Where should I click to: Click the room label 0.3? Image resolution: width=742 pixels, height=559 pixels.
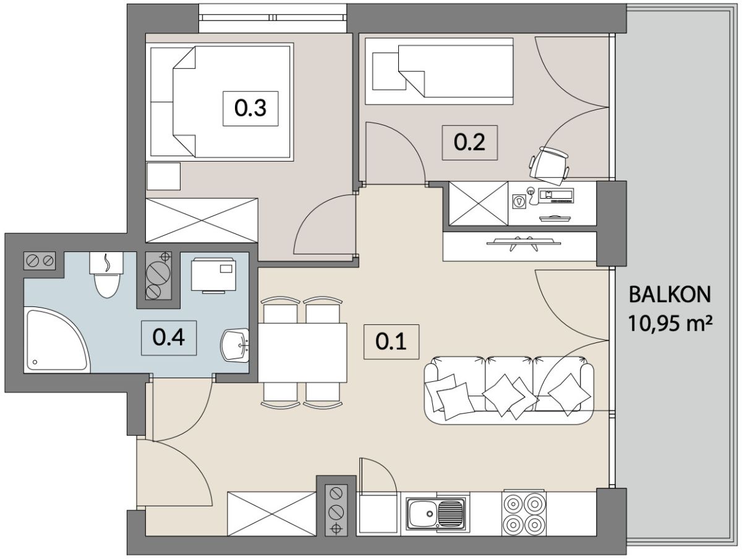250,108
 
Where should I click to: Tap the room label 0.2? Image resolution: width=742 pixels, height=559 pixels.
469,142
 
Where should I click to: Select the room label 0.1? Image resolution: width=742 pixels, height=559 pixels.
391,342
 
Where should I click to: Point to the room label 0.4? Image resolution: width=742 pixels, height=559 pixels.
169,338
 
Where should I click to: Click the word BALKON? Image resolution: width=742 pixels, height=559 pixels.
670,295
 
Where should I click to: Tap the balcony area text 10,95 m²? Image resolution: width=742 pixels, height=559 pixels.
670,324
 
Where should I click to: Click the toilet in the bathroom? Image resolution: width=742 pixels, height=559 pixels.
107,275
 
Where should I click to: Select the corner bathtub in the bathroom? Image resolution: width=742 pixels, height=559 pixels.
57,340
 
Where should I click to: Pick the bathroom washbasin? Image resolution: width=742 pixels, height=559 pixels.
235,345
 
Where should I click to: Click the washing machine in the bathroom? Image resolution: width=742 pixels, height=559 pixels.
213,275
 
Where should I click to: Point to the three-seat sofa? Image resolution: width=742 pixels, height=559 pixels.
509,390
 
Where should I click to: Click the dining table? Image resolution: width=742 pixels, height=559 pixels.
302,353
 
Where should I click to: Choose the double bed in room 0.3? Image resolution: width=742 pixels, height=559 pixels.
220,102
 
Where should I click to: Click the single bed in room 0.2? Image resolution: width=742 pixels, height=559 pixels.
439,71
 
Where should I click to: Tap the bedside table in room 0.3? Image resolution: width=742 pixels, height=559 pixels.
163,176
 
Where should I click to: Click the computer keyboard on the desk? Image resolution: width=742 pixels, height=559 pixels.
562,201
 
